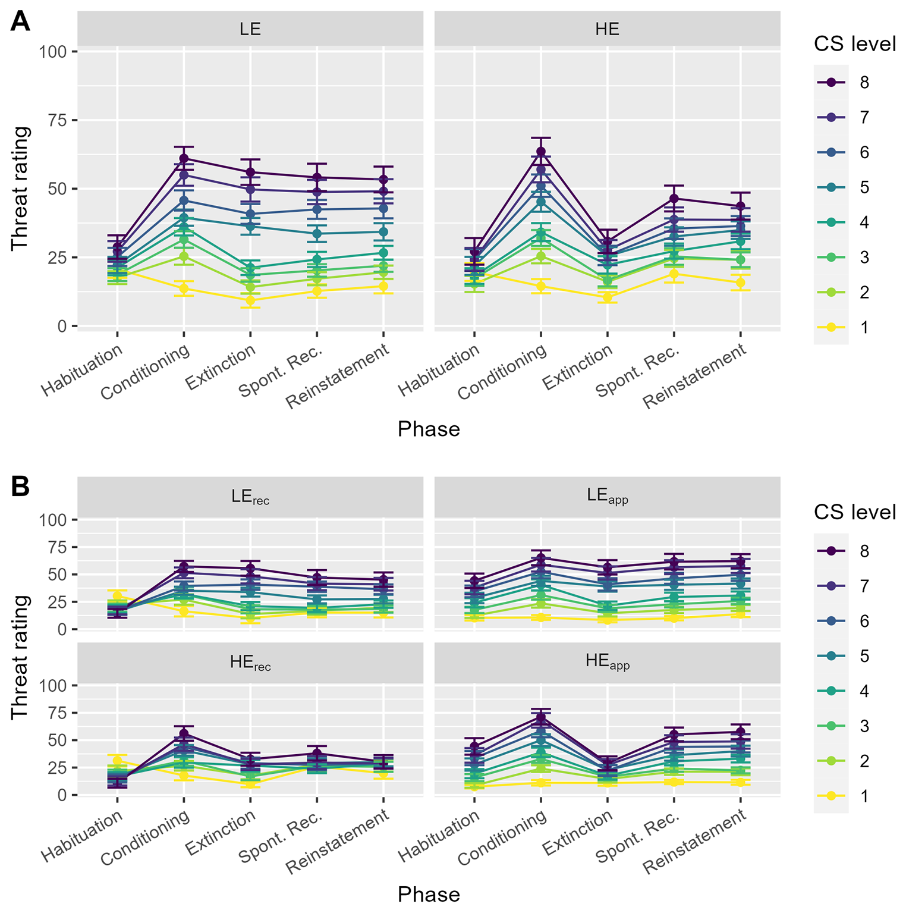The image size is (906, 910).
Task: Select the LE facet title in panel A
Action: [250, 29]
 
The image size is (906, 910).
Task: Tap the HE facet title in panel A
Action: [607, 29]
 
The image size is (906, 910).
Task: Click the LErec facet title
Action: [250, 497]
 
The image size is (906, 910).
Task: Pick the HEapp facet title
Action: [608, 663]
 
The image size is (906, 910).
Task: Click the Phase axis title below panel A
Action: [429, 429]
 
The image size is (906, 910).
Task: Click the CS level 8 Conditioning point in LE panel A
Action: [184, 158]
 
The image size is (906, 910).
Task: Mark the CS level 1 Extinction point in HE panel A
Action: [607, 297]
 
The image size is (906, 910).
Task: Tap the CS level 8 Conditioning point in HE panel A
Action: [540, 151]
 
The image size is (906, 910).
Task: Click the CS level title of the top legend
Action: [855, 44]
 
